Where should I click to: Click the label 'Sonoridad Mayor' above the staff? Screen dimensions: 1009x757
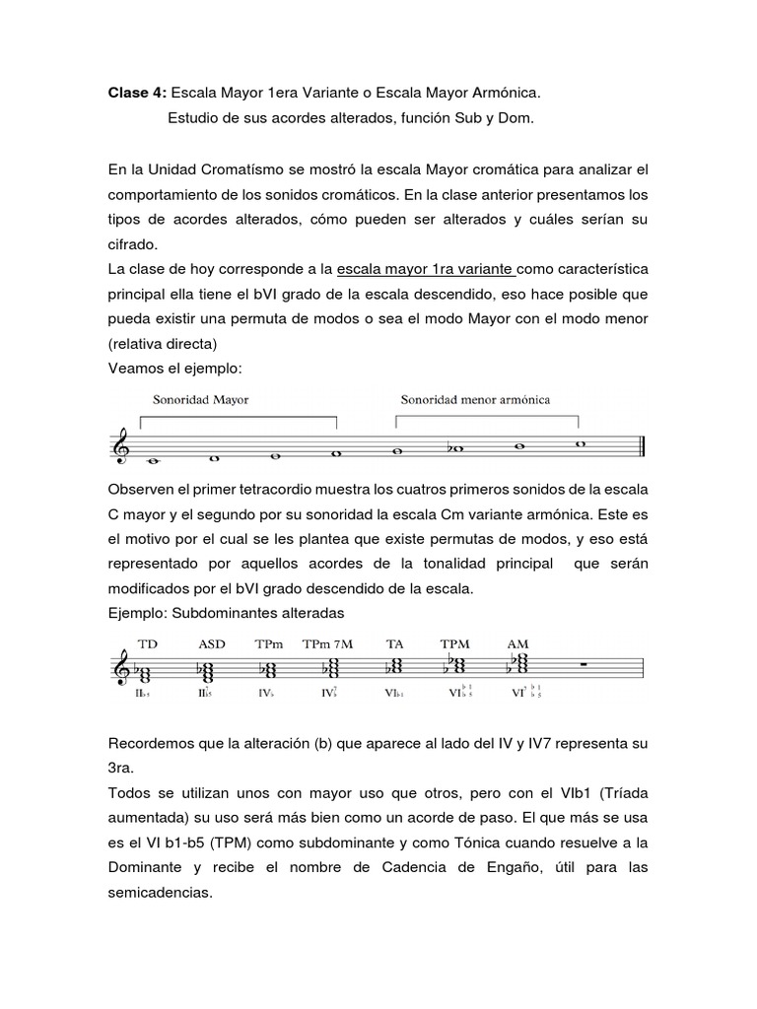[x=200, y=400]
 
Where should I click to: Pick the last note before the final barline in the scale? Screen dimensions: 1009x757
[x=580, y=443]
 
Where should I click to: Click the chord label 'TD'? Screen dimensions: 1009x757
[x=148, y=643]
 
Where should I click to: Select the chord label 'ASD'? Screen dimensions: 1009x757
[x=211, y=643]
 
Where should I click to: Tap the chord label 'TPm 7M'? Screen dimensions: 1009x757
[x=326, y=643]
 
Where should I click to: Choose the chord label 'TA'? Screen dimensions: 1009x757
[x=394, y=643]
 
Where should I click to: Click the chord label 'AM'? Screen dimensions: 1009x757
[x=517, y=643]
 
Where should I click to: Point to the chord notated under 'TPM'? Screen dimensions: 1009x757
[x=455, y=668]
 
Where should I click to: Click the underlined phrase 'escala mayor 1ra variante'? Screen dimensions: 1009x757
[x=426, y=269]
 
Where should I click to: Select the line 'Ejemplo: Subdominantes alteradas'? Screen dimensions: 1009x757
[x=225, y=612]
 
